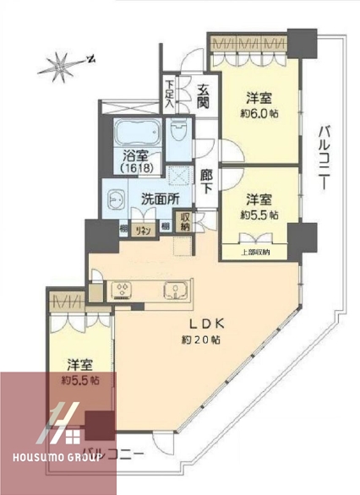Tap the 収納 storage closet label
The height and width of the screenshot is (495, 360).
(x=186, y=222)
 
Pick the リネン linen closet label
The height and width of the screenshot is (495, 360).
(x=145, y=226)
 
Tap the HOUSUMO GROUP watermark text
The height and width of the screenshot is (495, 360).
(x=52, y=456)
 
